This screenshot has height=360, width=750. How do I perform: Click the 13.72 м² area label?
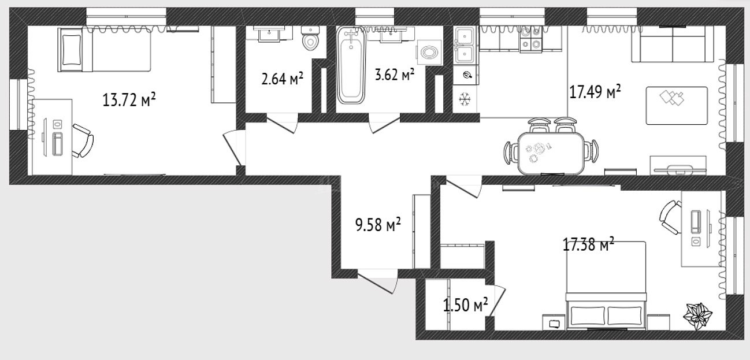[x=129, y=99]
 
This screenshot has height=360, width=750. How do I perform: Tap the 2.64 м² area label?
[x=282, y=79]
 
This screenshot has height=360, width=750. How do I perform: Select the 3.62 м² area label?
[x=395, y=75]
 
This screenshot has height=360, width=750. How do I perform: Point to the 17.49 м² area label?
[x=595, y=91]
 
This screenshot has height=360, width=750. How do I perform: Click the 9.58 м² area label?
[x=378, y=224]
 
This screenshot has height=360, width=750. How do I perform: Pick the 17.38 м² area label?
[x=588, y=244]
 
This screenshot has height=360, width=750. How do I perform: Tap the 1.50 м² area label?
[x=465, y=305]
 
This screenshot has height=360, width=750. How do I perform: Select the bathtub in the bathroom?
[x=351, y=65]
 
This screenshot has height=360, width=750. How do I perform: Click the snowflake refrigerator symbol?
[x=465, y=99]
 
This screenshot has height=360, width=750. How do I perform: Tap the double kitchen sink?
[x=464, y=46]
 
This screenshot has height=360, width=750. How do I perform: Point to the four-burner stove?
[x=531, y=40]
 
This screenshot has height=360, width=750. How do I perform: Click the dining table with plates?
[x=551, y=153]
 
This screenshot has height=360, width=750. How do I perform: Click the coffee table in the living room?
[x=677, y=106]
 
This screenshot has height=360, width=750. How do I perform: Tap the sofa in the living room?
[x=673, y=44]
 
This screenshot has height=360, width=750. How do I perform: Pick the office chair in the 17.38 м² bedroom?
[x=670, y=217]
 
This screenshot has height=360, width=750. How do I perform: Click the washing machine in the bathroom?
[x=429, y=53]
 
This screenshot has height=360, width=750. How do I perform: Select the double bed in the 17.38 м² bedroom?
[x=606, y=285]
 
